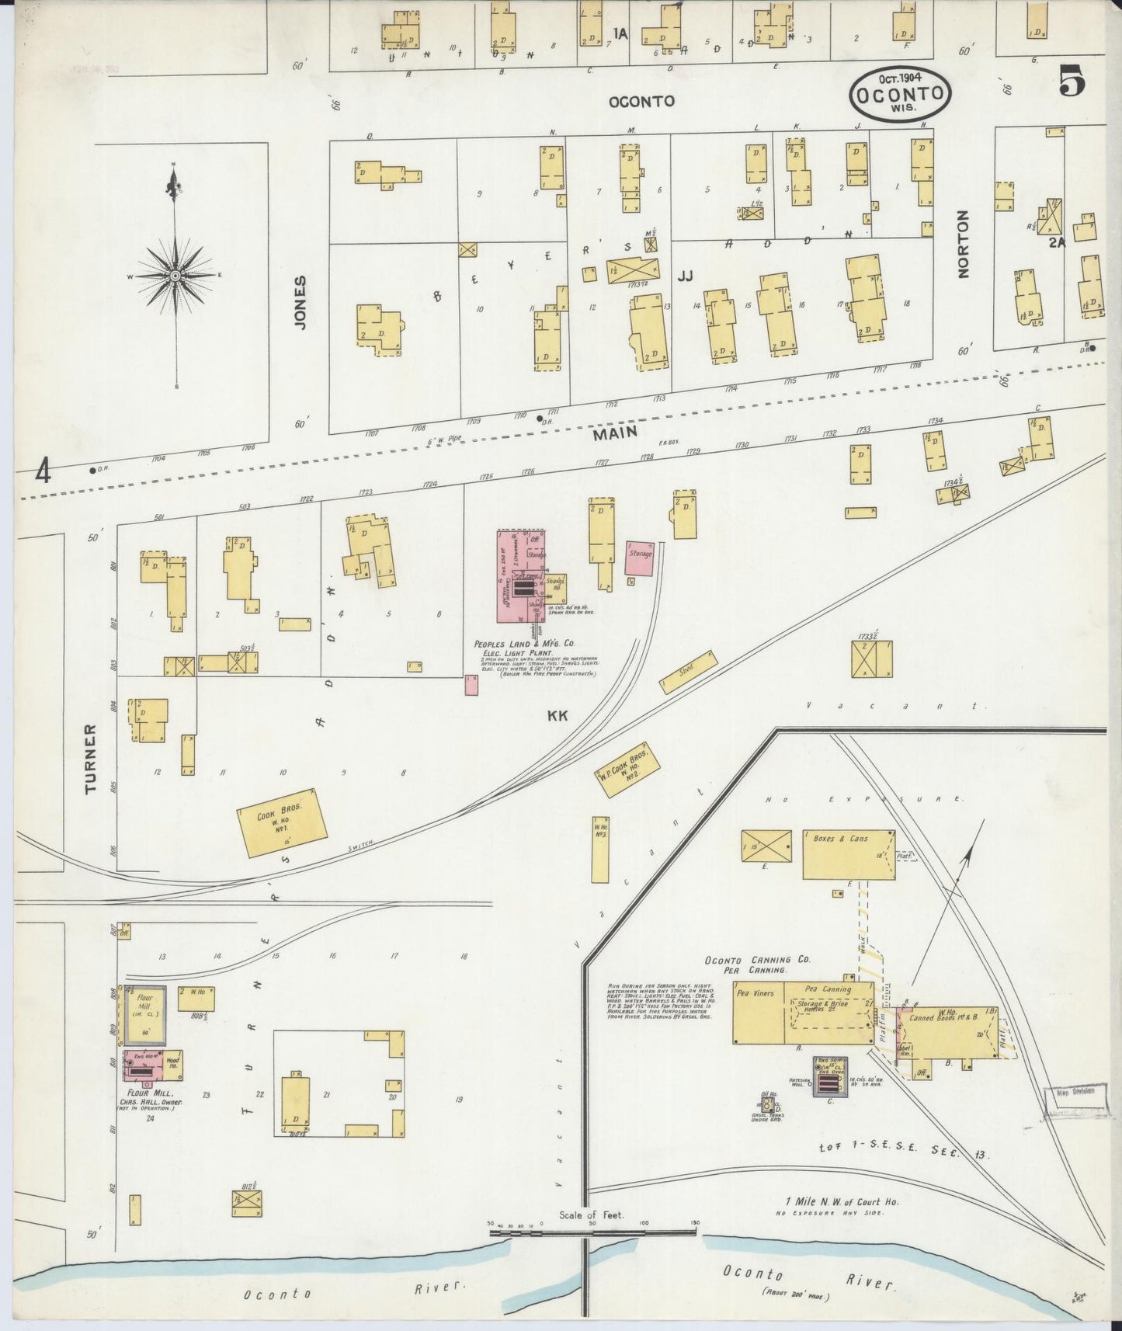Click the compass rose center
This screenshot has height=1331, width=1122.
click(x=175, y=276)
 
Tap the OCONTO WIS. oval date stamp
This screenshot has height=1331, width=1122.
click(x=900, y=92)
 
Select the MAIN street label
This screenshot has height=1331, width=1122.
click(x=615, y=433)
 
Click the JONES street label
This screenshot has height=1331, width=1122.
click(x=300, y=302)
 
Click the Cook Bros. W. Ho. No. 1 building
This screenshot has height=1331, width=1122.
click(x=280, y=822)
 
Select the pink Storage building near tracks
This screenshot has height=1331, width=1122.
click(x=640, y=558)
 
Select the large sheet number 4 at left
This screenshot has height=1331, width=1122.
click(x=42, y=471)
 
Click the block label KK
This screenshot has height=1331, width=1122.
click(x=558, y=716)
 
